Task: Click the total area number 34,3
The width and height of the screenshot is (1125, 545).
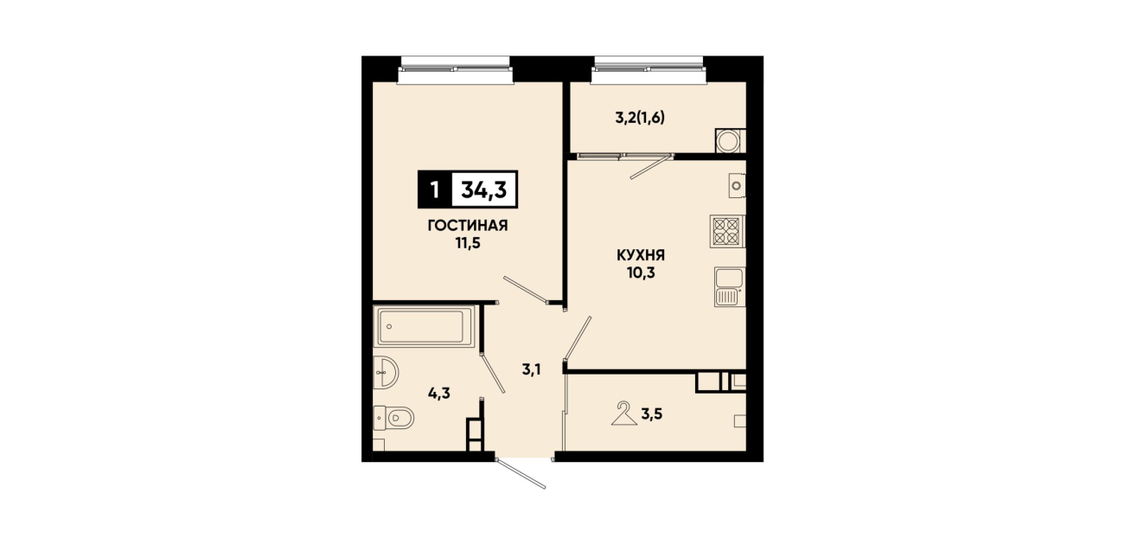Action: tap(484, 190)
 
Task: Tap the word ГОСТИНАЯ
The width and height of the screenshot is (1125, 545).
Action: tap(468, 226)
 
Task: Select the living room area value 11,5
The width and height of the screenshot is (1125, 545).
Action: tap(468, 244)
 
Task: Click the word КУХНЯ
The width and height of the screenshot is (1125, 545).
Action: tap(641, 255)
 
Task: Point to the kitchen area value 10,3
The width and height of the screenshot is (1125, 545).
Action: tap(641, 272)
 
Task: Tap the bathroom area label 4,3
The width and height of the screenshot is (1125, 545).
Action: tap(439, 394)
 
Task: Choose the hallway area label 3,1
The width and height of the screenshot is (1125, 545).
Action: tap(531, 370)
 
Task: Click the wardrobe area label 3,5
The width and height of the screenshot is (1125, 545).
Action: tap(651, 414)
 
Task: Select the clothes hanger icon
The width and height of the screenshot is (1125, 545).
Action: tap(624, 413)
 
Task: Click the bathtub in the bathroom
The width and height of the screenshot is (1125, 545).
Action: tap(425, 326)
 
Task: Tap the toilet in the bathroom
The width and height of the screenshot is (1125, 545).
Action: tap(394, 418)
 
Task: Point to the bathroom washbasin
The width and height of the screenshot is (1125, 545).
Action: tap(386, 372)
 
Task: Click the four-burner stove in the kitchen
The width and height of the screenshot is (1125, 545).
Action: tap(727, 232)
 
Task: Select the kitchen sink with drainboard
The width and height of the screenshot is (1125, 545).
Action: tap(730, 286)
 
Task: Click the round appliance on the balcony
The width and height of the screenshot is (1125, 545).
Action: tap(729, 141)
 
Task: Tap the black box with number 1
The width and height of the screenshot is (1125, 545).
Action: tap(435, 190)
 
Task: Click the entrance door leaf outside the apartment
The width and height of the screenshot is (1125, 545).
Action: tap(521, 473)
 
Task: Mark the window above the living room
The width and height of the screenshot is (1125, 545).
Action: tap(455, 69)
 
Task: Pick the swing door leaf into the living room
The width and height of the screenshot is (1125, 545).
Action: tap(526, 290)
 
